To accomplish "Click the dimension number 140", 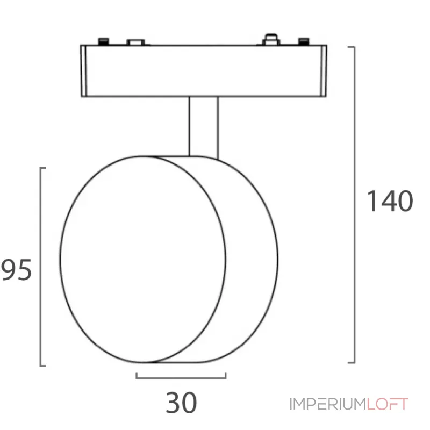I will tap(389, 202).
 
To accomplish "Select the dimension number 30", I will tap(181, 403).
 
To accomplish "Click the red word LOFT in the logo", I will tap(388, 404).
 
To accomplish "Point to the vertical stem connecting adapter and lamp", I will tap(203, 126).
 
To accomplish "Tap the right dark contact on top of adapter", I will tap(304, 41).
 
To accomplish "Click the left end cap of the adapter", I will tap(84, 71).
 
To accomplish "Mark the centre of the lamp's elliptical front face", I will tap(143, 259).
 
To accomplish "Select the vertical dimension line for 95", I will tap(42, 266).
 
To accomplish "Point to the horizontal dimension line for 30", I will tap(181, 378).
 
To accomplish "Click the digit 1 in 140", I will tap(371, 202).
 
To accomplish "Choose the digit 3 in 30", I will tap(173, 403).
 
